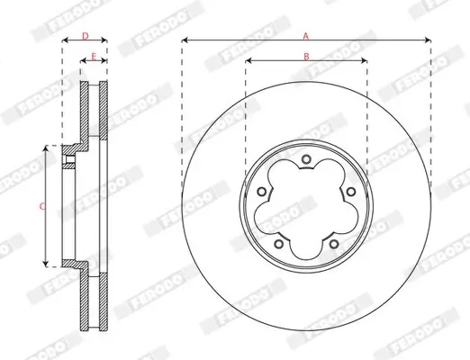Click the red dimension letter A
tap(306, 36)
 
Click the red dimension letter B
tap(306, 57)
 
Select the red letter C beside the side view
tap(42, 206)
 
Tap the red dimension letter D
tap(86, 36)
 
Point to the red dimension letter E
tap(94, 57)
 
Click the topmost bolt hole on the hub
tap(306, 159)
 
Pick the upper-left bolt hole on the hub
tap(262, 192)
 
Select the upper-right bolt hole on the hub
tap(351, 192)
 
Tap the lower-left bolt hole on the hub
tap(279, 244)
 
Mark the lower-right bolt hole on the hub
tap(334, 244)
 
